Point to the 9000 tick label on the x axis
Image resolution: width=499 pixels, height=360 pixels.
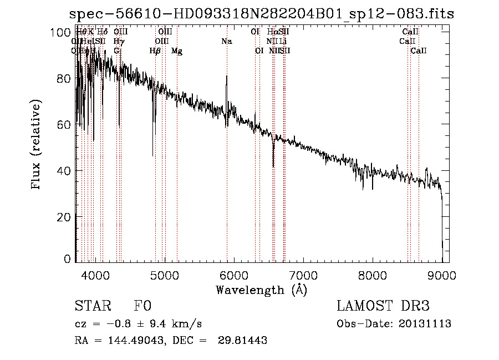[442, 275]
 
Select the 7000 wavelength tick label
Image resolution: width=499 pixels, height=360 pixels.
[303, 275]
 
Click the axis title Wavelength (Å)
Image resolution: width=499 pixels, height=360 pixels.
[261, 290]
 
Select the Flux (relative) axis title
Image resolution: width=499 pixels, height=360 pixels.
[37, 145]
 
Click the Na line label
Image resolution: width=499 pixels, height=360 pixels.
[226, 41]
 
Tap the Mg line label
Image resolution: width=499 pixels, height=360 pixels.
[177, 51]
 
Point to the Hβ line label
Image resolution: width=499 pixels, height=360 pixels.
[155, 51]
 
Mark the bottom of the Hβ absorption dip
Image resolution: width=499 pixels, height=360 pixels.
[153, 156]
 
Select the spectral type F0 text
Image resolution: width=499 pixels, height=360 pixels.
[142, 306]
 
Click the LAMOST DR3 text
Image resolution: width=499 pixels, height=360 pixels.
[383, 306]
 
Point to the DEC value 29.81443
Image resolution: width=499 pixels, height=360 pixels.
[242, 341]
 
